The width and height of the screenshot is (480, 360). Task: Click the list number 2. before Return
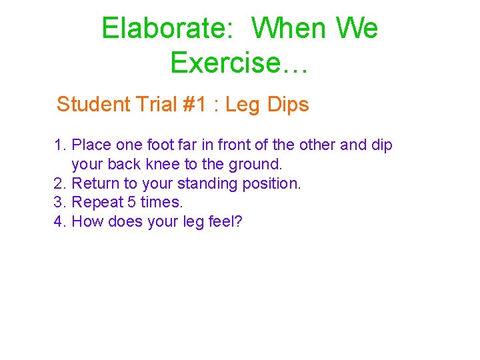click(60, 183)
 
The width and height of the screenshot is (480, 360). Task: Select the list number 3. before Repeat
click(60, 202)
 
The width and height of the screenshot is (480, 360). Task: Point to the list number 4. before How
click(60, 221)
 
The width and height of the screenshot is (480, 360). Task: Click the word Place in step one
click(91, 145)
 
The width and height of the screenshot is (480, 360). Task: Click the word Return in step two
click(93, 183)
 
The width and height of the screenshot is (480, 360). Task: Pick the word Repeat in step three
click(95, 202)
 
